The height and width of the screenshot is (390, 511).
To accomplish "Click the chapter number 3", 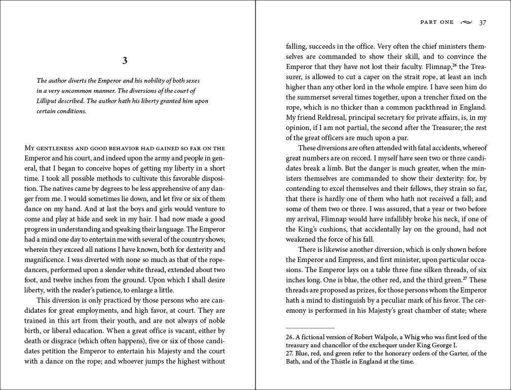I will coord(125,61).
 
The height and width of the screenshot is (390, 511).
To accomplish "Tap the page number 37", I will coord(483,22).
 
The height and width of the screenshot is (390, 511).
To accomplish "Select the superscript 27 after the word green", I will coord(465,278).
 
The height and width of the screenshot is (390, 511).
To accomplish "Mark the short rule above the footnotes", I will coord(310,328).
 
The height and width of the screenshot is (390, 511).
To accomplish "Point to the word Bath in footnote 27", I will coord(294,362).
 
